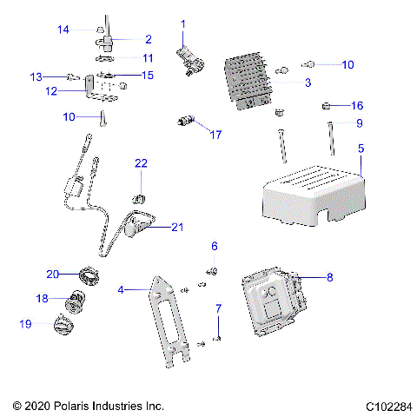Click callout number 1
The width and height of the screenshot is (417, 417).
[183, 23]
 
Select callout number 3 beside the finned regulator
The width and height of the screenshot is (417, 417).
[307, 83]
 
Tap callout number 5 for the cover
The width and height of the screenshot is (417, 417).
[361, 149]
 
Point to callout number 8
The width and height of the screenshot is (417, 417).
[329, 278]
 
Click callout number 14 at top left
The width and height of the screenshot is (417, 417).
[63, 30]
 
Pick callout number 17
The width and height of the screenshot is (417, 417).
[215, 135]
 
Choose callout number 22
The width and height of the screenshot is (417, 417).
[141, 163]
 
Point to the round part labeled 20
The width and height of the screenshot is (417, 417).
[89, 275]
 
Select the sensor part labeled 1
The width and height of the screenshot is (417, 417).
[191, 59]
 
